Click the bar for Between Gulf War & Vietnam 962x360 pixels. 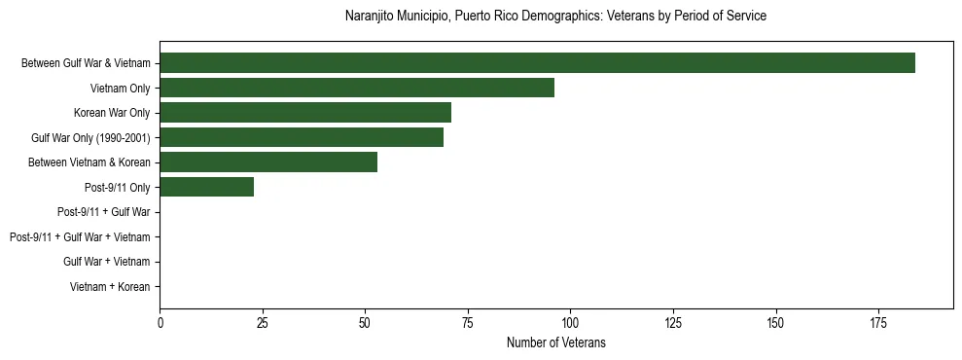coord(537,63)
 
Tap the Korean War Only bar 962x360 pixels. coord(305,113)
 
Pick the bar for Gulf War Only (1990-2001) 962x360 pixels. coord(302,137)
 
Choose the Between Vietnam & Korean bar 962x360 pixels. coord(268,162)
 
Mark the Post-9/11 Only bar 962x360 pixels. coord(207,187)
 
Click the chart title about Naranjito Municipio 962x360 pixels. coord(555,17)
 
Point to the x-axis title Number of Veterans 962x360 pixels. coord(555,342)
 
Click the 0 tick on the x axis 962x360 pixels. coord(160,323)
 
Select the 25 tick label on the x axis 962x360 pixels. coord(263,323)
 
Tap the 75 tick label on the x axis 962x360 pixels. coord(468,323)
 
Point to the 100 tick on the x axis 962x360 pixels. coord(570,323)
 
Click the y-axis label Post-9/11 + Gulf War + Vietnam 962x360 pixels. coord(80,237)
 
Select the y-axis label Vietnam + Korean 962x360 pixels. coord(110,287)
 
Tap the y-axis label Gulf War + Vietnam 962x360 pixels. coord(107,262)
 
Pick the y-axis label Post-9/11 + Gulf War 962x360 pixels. coord(104,212)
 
